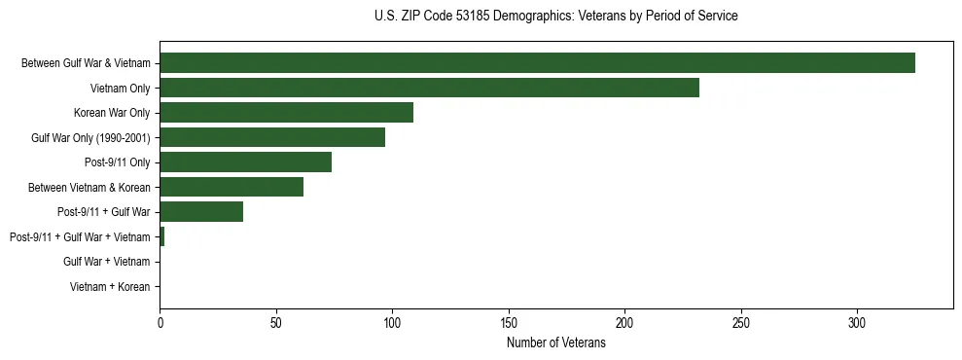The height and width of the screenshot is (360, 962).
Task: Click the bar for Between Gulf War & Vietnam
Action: click(537, 63)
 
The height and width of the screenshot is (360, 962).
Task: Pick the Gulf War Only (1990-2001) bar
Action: click(272, 137)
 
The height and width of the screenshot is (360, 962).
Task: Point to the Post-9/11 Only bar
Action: click(245, 162)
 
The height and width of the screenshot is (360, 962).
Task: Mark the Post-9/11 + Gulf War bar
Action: click(201, 211)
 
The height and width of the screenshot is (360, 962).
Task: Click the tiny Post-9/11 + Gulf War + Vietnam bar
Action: click(162, 236)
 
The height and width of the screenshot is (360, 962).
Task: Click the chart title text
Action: click(555, 17)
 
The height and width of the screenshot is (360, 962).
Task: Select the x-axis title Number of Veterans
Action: click(555, 343)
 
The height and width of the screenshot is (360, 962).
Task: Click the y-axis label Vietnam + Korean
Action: click(110, 287)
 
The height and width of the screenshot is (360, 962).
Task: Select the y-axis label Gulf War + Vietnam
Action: click(107, 262)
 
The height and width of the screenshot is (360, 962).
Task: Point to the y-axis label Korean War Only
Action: click(112, 113)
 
